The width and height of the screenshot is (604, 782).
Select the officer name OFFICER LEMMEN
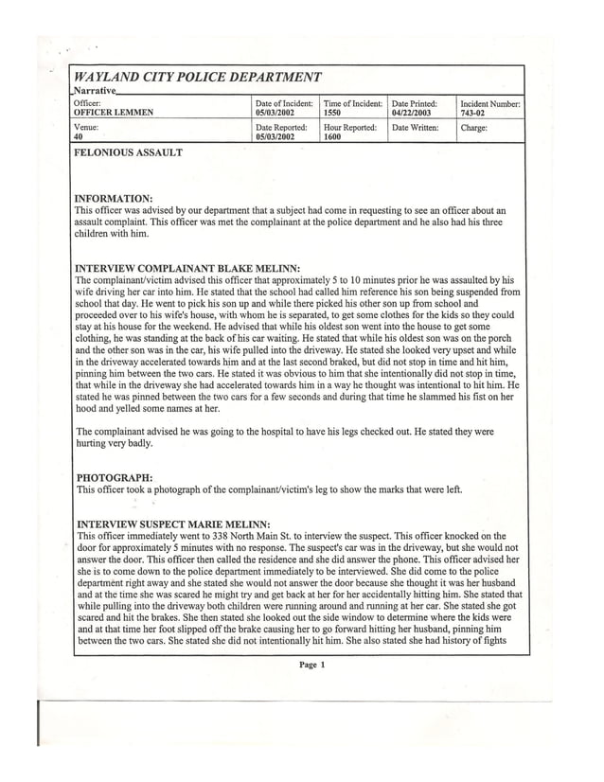click(x=113, y=111)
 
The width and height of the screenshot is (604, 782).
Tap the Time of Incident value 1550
click(x=331, y=111)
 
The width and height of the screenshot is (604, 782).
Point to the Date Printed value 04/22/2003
click(x=411, y=111)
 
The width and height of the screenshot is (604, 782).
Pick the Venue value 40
click(x=79, y=136)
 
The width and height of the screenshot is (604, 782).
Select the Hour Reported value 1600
click(x=332, y=136)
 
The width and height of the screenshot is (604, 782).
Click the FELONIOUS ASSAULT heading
click(x=128, y=151)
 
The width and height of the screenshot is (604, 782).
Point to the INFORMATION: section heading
click(x=113, y=198)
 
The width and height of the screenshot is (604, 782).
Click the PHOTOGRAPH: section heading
click(x=114, y=477)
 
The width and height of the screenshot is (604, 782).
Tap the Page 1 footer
click(x=311, y=665)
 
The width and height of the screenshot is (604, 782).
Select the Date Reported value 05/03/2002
click(x=275, y=136)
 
